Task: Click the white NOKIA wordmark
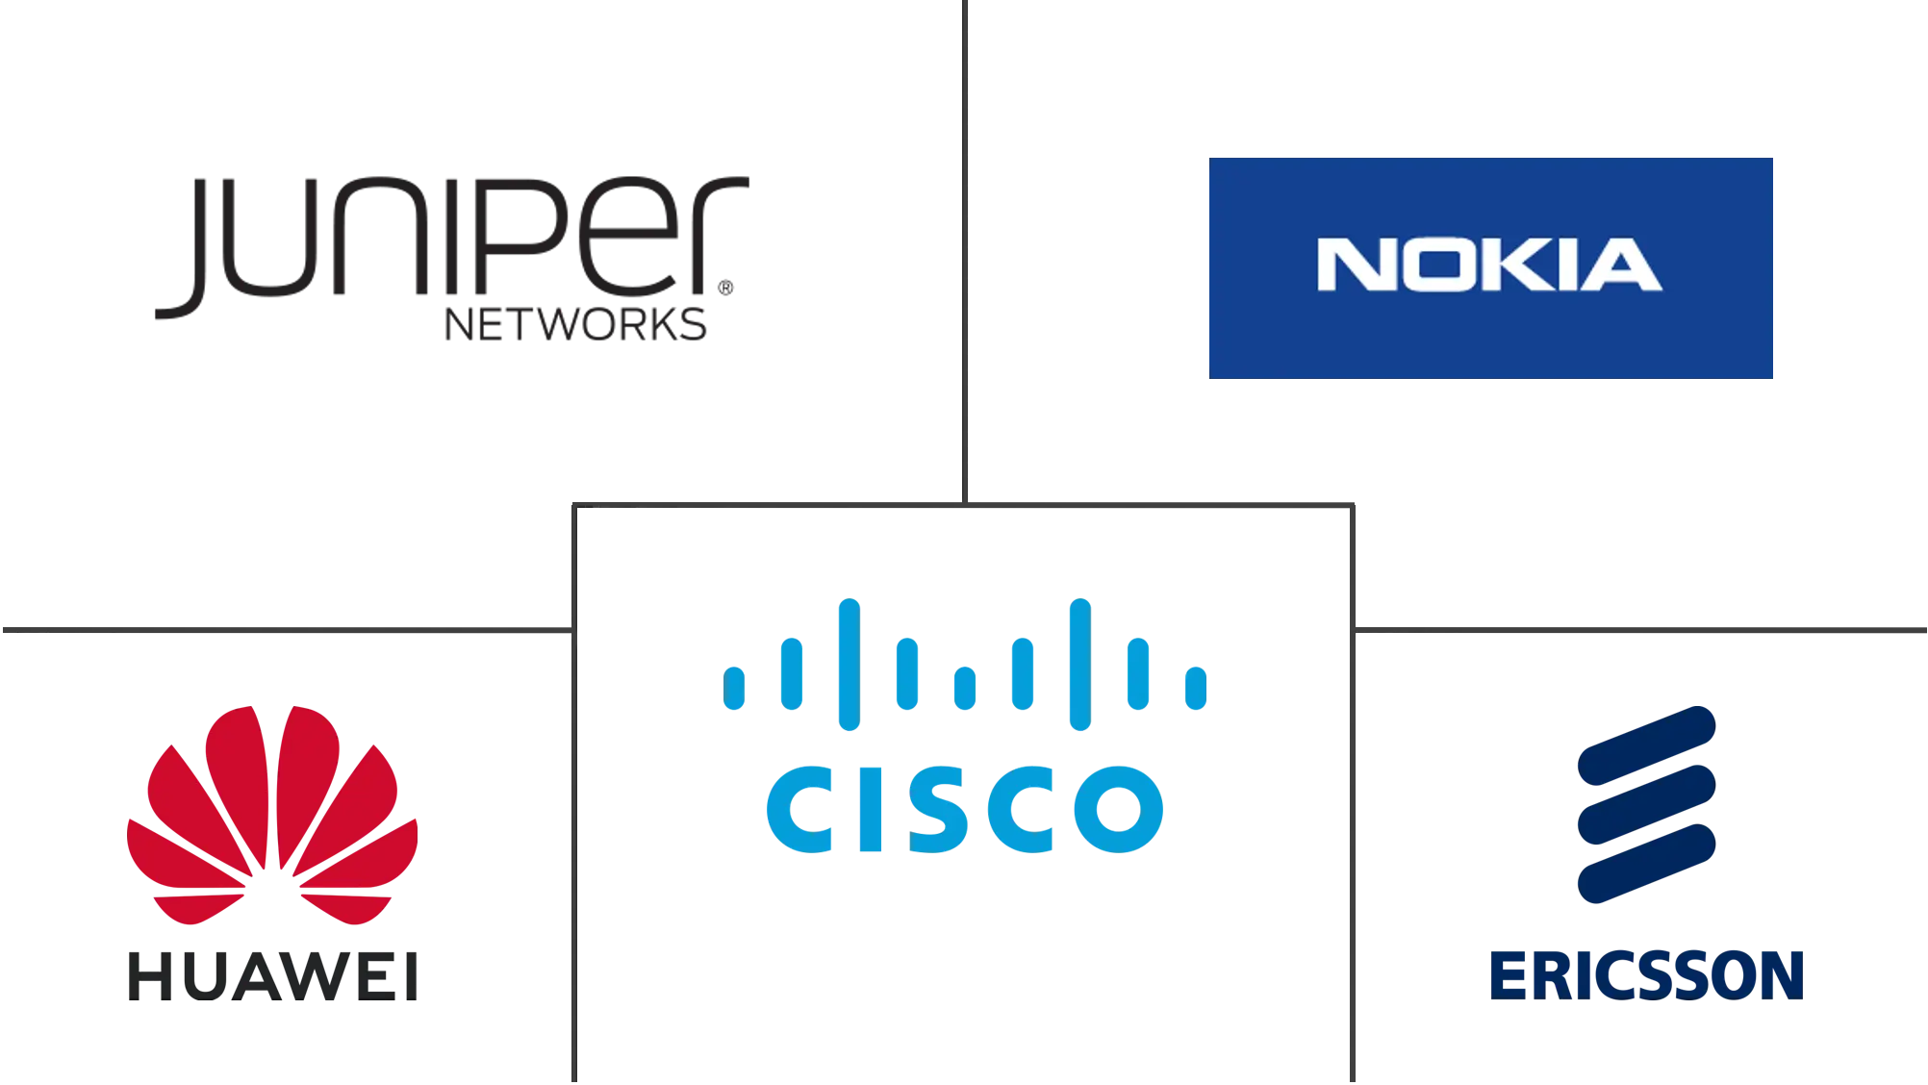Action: (x=1489, y=265)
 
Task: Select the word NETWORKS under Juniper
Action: (x=573, y=326)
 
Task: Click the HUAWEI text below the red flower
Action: (x=273, y=974)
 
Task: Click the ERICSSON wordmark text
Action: (x=1646, y=974)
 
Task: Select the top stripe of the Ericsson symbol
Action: (x=1646, y=740)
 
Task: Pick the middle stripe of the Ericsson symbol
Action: (x=1646, y=802)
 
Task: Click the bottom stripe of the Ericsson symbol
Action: (x=1646, y=866)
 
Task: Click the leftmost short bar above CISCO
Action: (x=735, y=687)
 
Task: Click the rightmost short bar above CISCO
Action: (x=1194, y=687)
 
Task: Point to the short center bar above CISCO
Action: (x=964, y=687)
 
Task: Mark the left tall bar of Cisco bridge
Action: (x=849, y=664)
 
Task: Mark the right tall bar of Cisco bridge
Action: (x=1080, y=664)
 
